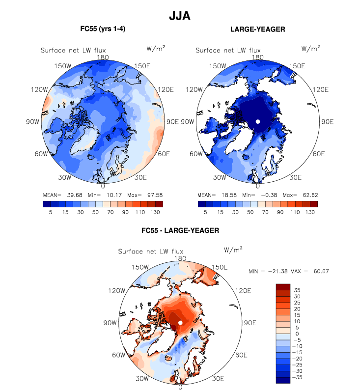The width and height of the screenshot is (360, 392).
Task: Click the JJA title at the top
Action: [179, 16]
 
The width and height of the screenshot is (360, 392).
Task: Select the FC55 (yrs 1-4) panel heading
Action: [103, 29]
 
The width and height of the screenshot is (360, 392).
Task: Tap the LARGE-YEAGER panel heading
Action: [257, 29]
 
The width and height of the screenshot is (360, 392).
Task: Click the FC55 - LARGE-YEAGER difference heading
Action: [180, 230]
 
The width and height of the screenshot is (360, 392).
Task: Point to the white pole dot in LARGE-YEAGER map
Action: [257, 121]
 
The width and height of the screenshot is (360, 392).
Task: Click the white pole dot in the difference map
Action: [180, 322]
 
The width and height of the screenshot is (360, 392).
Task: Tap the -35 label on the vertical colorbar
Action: [299, 378]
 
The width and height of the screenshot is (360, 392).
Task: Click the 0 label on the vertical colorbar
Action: [297, 334]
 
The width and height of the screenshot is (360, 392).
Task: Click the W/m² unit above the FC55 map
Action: [156, 48]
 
